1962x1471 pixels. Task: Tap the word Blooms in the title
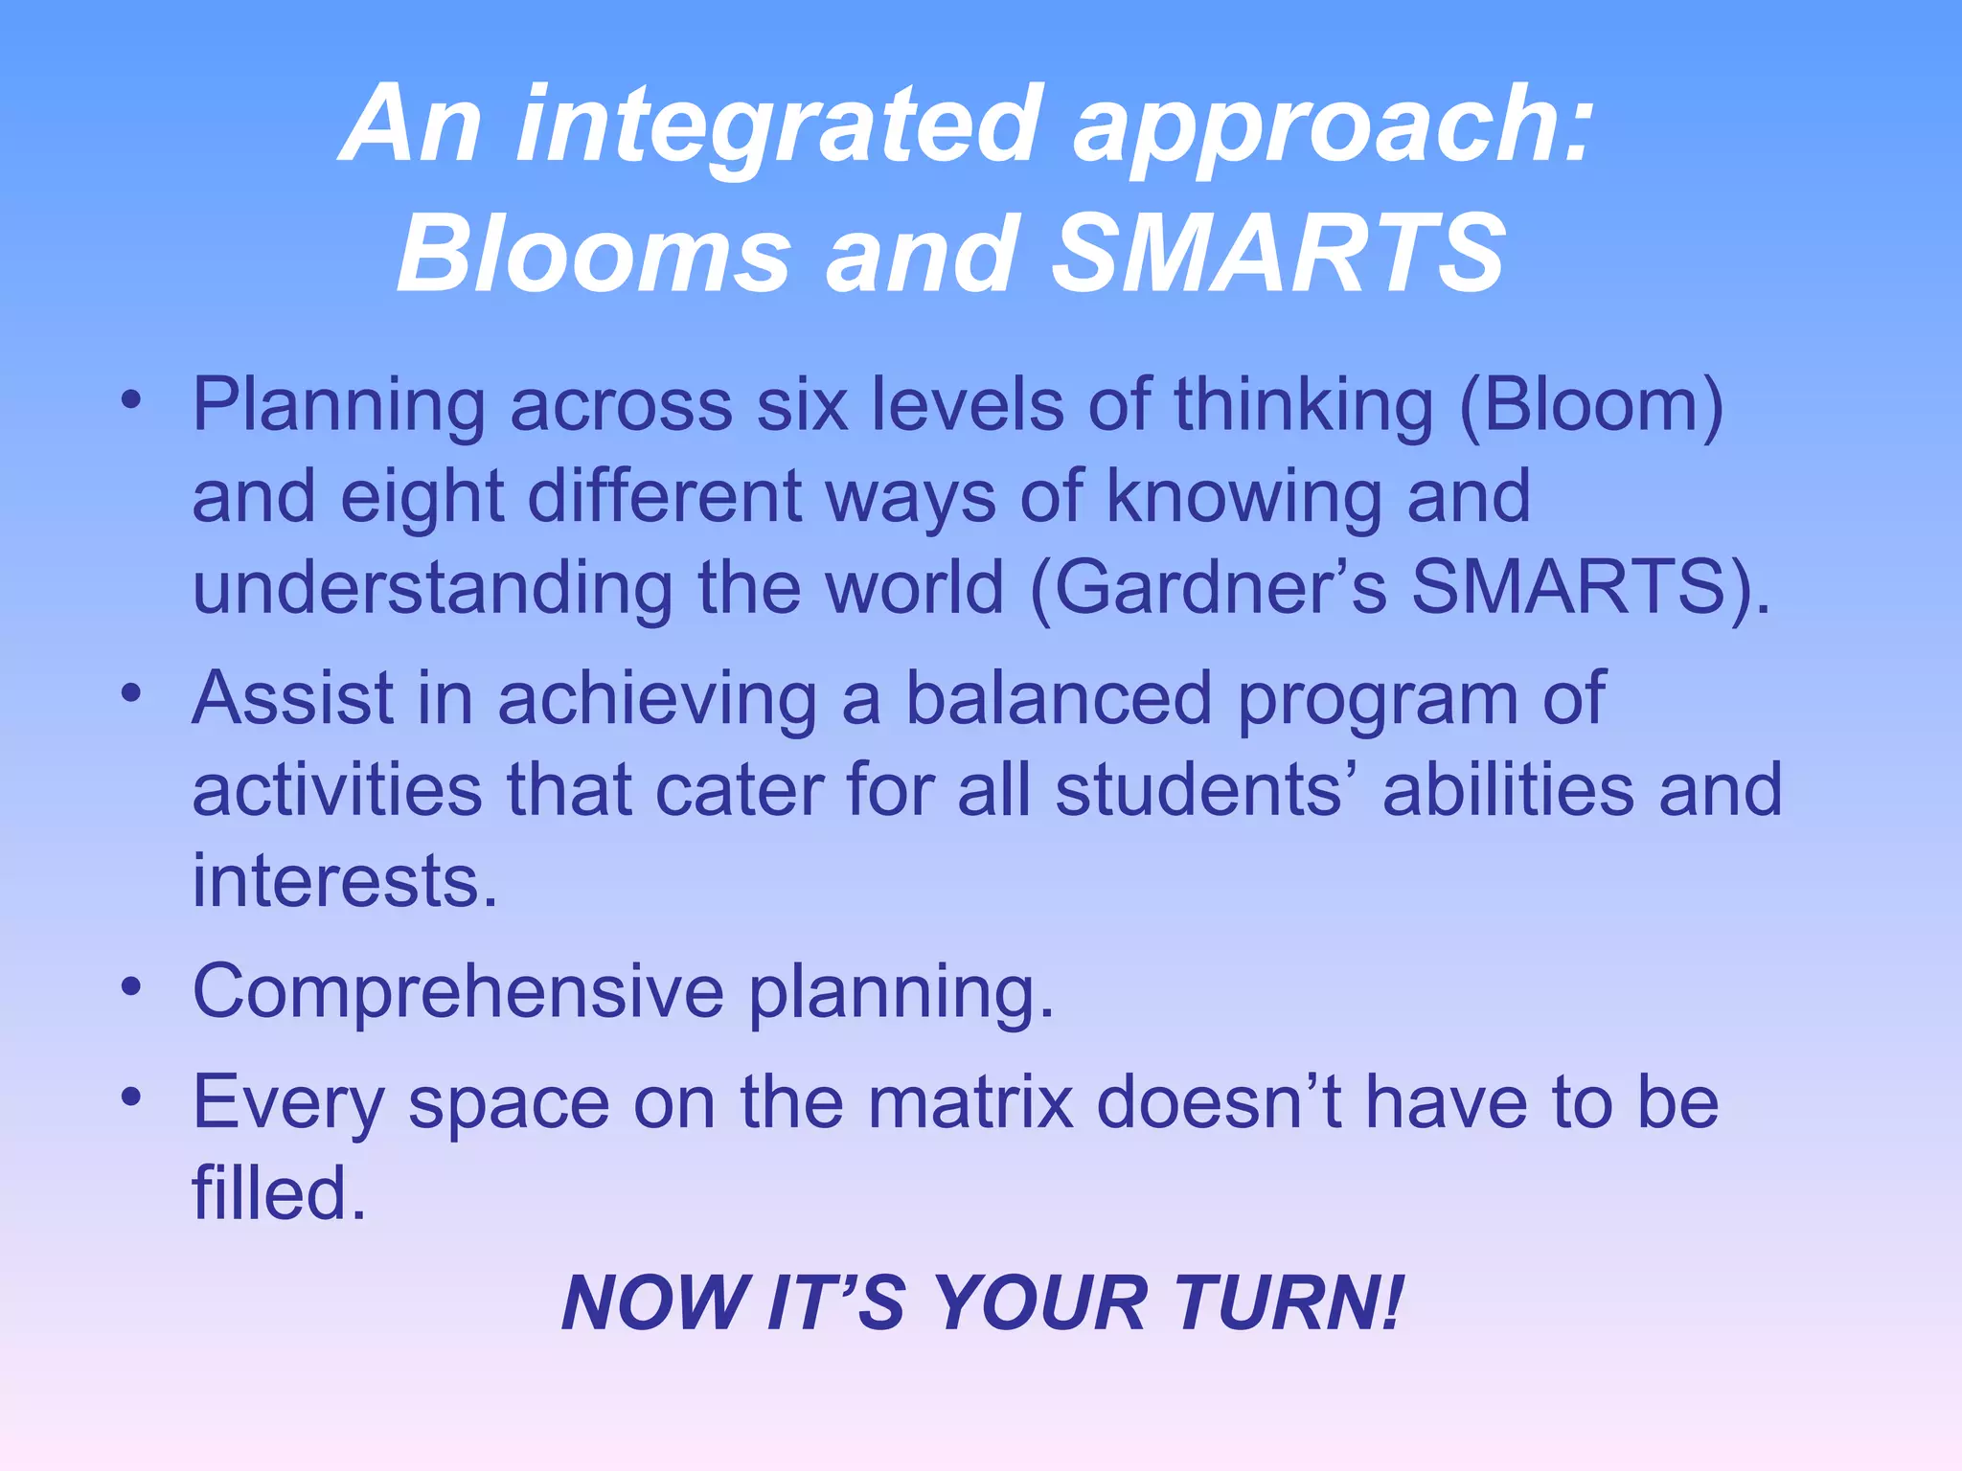click(x=594, y=255)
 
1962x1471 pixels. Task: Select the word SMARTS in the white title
click(x=1278, y=255)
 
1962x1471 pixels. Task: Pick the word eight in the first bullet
click(x=422, y=498)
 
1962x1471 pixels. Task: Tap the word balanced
click(x=1059, y=699)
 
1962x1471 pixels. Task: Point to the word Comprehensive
click(x=458, y=992)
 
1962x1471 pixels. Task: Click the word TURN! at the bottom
click(x=1289, y=1304)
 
